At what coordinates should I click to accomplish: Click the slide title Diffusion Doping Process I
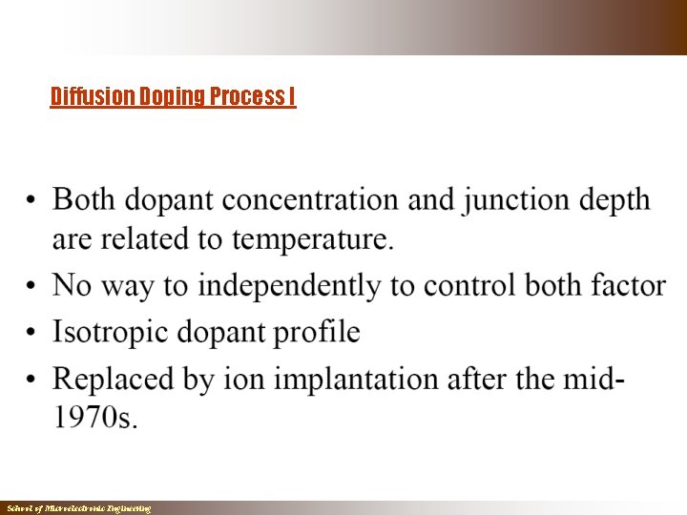(173, 96)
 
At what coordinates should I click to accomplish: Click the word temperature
(311, 240)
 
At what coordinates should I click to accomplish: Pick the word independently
(289, 286)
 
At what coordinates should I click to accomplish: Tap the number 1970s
(94, 419)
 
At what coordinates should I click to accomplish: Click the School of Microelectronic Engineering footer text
(78, 509)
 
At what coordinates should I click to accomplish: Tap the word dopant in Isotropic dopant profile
(216, 333)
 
